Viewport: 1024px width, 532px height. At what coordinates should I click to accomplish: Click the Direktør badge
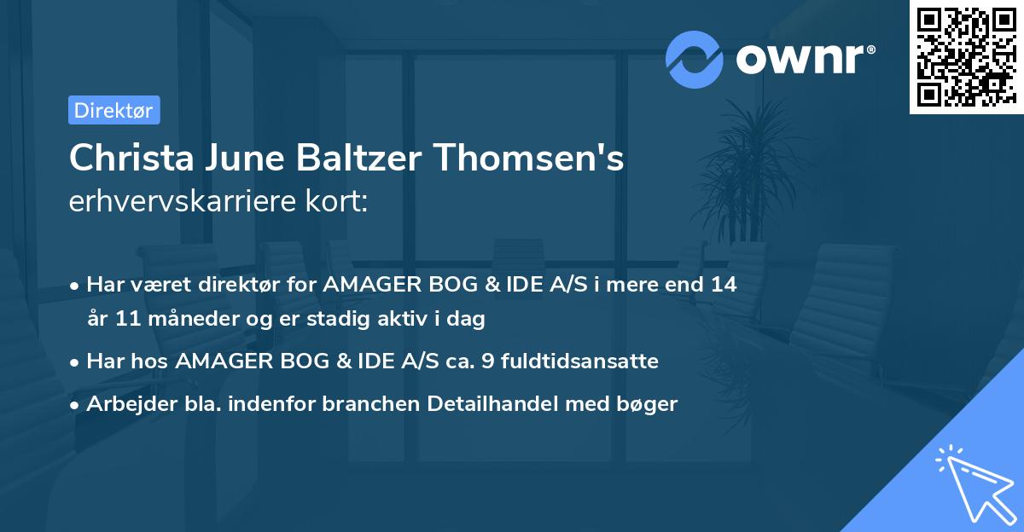point(113,110)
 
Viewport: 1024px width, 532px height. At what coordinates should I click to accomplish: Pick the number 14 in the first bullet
point(724,284)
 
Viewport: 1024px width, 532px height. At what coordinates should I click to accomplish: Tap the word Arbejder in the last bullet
point(125,404)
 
